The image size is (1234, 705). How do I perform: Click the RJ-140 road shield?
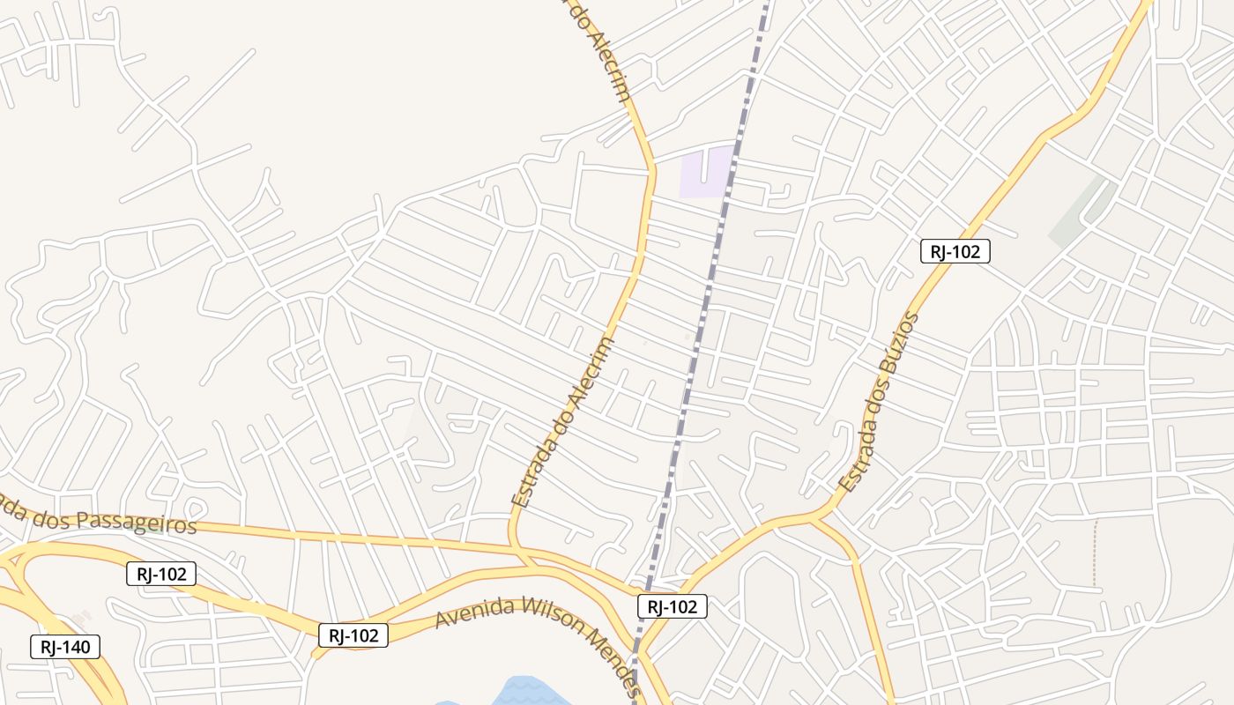65,647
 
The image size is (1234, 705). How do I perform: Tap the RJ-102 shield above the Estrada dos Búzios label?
955,251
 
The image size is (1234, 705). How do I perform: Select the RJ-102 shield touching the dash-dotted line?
672,606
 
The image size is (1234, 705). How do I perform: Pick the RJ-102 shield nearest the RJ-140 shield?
160,574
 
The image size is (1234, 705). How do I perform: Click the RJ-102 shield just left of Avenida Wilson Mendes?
353,634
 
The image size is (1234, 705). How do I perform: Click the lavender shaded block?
705,173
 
